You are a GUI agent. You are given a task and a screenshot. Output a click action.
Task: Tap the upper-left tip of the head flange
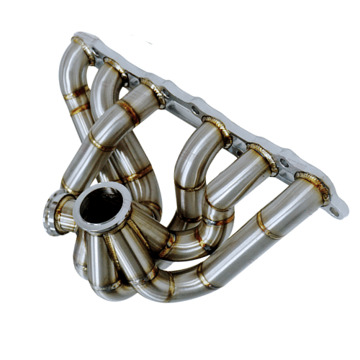(x=78, y=36)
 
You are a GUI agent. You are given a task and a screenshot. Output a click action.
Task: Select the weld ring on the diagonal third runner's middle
(x=130, y=112)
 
